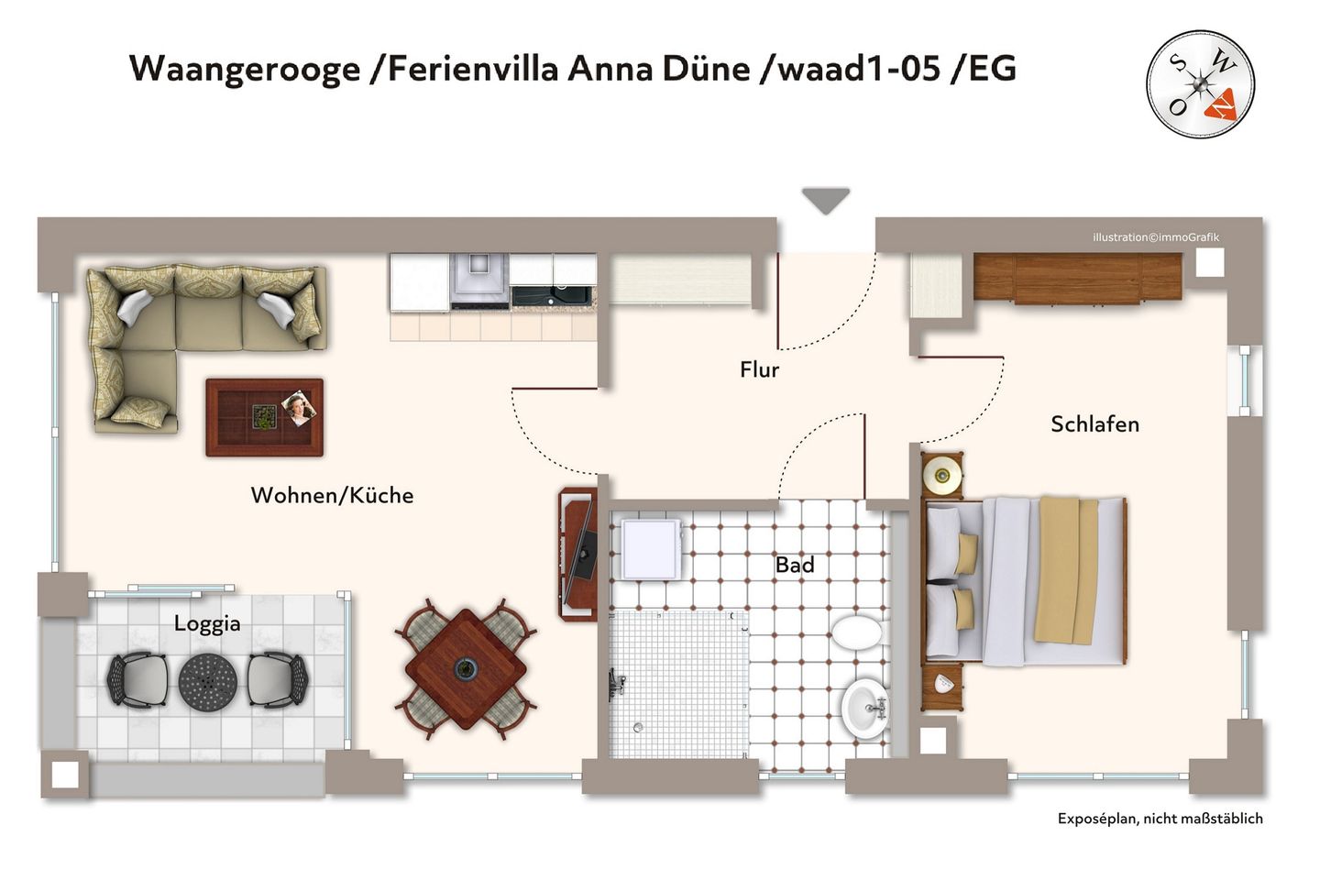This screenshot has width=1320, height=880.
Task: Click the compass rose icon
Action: [1200, 84]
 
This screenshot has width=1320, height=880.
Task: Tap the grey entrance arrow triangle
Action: [826, 199]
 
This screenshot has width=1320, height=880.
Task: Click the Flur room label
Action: [759, 369]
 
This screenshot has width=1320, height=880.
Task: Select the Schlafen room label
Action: [1094, 423]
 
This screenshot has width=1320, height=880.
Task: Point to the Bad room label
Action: [794, 565]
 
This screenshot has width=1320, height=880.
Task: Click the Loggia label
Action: [207, 623]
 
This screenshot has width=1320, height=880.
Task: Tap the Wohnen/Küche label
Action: [332, 495]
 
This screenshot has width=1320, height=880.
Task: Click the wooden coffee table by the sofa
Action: [264, 417]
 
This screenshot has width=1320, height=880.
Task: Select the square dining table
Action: [466, 668]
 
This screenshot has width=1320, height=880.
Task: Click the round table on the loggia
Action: [208, 680]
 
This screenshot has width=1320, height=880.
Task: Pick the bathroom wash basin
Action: [864, 707]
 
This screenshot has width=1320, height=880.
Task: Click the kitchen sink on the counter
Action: [553, 295]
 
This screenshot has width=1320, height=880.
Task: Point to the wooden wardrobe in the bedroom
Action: [1077, 277]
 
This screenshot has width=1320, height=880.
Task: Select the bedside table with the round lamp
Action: [942, 474]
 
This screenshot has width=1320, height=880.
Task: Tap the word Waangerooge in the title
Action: [245, 69]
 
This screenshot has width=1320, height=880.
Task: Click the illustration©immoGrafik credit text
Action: [1155, 237]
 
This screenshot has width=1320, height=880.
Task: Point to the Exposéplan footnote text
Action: [1160, 819]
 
